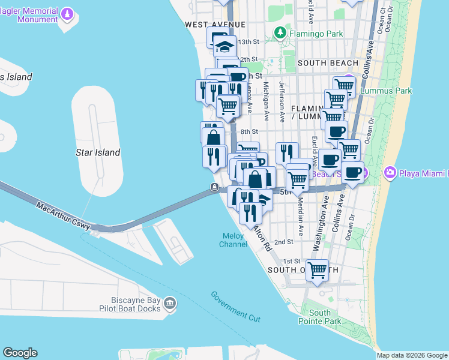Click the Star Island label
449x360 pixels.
coord(98,152)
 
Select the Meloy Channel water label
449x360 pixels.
coord(234,240)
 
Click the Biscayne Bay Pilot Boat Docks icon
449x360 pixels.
coord(170,304)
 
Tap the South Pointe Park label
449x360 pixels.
coord(319,317)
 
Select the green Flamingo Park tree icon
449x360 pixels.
coord(280,32)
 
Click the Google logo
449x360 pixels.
coord(20,353)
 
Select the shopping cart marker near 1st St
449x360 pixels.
coord(317,269)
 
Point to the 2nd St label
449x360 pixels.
coord(283,242)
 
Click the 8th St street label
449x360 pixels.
coord(249,131)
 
